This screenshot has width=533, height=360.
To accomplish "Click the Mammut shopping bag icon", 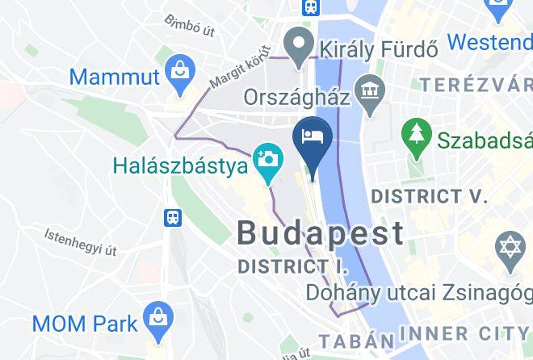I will (176, 75).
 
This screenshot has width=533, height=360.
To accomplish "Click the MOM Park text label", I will (84, 324).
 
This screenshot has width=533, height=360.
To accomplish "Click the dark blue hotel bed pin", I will (313, 139).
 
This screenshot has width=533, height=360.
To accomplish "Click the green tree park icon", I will (417, 133).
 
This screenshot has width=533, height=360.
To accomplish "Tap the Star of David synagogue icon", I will (510, 246).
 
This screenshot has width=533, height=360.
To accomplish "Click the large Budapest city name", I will (321, 233).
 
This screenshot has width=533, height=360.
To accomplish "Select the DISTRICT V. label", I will (429, 195).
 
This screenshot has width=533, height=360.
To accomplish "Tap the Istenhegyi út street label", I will (81, 241).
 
